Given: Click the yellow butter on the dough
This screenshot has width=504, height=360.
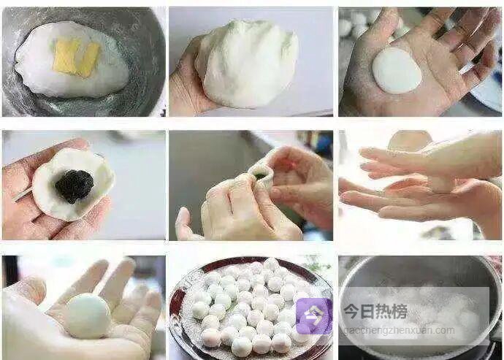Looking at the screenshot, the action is coord(77,58).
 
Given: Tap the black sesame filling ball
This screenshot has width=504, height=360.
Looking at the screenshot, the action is coord(75,186).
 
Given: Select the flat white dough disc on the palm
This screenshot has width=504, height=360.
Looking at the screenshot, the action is coord(397,70).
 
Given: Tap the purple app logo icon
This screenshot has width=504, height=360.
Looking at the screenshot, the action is coord(314,316).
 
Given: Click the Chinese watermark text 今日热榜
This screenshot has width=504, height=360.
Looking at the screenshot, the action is coord(375,312).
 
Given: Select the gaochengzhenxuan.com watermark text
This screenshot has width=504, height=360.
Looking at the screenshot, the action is coord(399,331).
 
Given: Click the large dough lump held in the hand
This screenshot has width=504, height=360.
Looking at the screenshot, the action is coord(248,64).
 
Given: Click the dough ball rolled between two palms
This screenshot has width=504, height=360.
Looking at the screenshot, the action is coord(441,183).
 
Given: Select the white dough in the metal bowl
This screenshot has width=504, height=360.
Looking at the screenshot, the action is coord(72,59).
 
